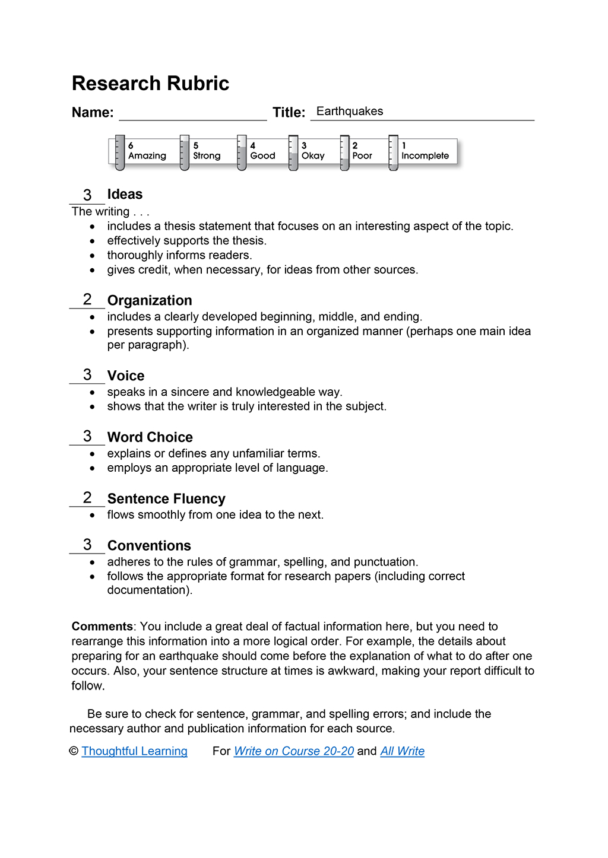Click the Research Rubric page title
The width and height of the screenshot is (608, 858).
tap(150, 84)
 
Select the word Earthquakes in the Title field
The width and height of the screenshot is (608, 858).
tap(350, 112)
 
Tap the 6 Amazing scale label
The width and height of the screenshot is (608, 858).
tap(147, 151)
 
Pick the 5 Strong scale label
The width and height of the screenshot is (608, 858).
tap(207, 151)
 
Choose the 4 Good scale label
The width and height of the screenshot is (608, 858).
tap(262, 151)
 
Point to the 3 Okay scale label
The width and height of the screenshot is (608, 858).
tap(313, 151)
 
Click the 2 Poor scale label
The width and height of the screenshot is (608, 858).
tap(362, 151)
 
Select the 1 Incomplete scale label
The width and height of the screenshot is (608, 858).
tap(425, 151)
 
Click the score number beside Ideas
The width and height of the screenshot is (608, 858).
tap(87, 195)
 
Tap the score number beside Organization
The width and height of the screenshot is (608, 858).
tap(87, 300)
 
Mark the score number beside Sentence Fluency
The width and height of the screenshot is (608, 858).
tap(87, 498)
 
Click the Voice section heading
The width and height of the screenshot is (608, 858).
tap(126, 376)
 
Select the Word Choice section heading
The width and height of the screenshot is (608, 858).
tap(150, 437)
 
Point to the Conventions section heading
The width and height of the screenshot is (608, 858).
tap(149, 546)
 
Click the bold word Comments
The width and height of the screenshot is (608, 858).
tap(102, 627)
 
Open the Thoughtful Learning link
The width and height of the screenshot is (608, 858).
tap(134, 751)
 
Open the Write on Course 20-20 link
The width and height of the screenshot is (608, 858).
tap(294, 751)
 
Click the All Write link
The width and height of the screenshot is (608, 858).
tap(403, 751)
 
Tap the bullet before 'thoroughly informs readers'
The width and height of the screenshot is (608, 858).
tap(92, 256)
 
